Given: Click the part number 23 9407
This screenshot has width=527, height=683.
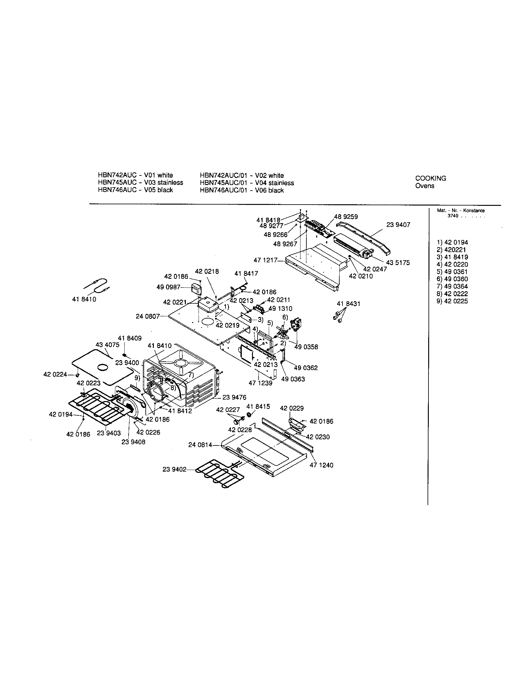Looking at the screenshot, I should tap(398, 225).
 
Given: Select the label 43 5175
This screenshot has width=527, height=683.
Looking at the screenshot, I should tap(398, 263).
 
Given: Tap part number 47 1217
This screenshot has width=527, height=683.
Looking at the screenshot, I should tap(265, 260).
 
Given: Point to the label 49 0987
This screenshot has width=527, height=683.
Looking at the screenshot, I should tap(168, 287).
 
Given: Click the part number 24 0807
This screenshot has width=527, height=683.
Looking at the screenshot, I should tap(148, 316).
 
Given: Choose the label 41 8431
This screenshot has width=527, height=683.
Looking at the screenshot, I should tap(348, 304).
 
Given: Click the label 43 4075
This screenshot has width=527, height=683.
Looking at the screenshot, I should tap(107, 345).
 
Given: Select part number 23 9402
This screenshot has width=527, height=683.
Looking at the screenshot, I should tap(174, 469).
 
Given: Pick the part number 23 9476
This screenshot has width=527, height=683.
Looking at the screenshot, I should tap(234, 397).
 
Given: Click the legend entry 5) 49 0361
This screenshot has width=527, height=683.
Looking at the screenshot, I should tap(452, 272).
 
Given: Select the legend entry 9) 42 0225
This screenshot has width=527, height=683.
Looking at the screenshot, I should tap(452, 301).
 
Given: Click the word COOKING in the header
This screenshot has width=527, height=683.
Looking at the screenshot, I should tap(431, 178).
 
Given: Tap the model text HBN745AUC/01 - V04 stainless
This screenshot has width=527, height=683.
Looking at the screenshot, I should tap(247, 183).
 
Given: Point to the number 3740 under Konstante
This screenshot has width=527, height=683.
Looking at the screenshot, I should tap(453, 216).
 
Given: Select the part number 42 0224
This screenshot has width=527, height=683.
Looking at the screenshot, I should tap(55, 374).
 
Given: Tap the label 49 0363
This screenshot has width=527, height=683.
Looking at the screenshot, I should tap(293, 379).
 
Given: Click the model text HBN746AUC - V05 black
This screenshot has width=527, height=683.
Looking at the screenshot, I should tap(135, 190).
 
